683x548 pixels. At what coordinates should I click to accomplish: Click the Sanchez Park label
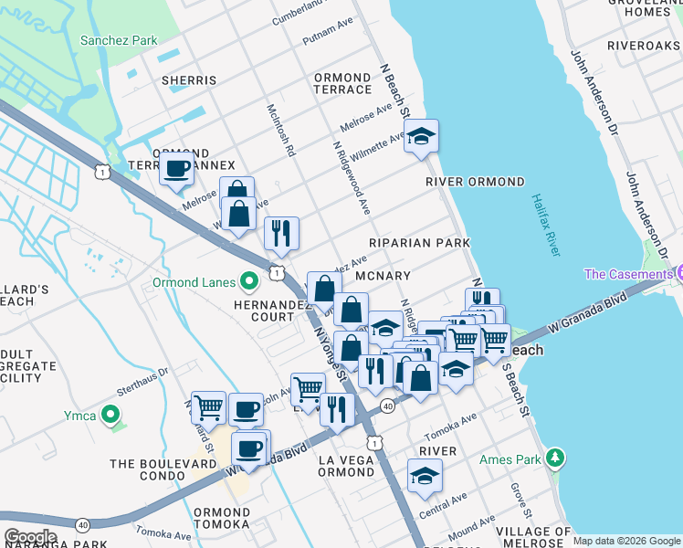(x=119, y=41)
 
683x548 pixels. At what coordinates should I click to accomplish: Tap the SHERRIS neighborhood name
(x=189, y=80)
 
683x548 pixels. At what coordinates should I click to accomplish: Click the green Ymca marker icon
(x=110, y=416)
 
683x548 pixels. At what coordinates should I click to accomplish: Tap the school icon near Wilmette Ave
(x=421, y=137)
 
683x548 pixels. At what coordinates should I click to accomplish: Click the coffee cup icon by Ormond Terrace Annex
(x=176, y=168)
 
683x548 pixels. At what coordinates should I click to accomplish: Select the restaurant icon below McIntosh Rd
(x=281, y=233)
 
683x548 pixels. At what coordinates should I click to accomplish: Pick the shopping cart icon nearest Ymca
(x=208, y=406)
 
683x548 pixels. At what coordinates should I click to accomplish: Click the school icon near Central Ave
(x=425, y=478)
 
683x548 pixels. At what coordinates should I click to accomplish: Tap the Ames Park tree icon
(x=553, y=457)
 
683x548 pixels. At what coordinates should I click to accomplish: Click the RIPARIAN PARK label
(x=419, y=243)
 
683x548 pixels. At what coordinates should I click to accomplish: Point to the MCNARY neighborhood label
(x=383, y=275)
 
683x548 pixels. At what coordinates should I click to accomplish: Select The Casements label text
(x=627, y=274)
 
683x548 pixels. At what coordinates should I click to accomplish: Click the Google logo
(x=30, y=537)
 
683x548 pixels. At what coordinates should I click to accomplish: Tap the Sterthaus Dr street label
(x=152, y=373)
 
